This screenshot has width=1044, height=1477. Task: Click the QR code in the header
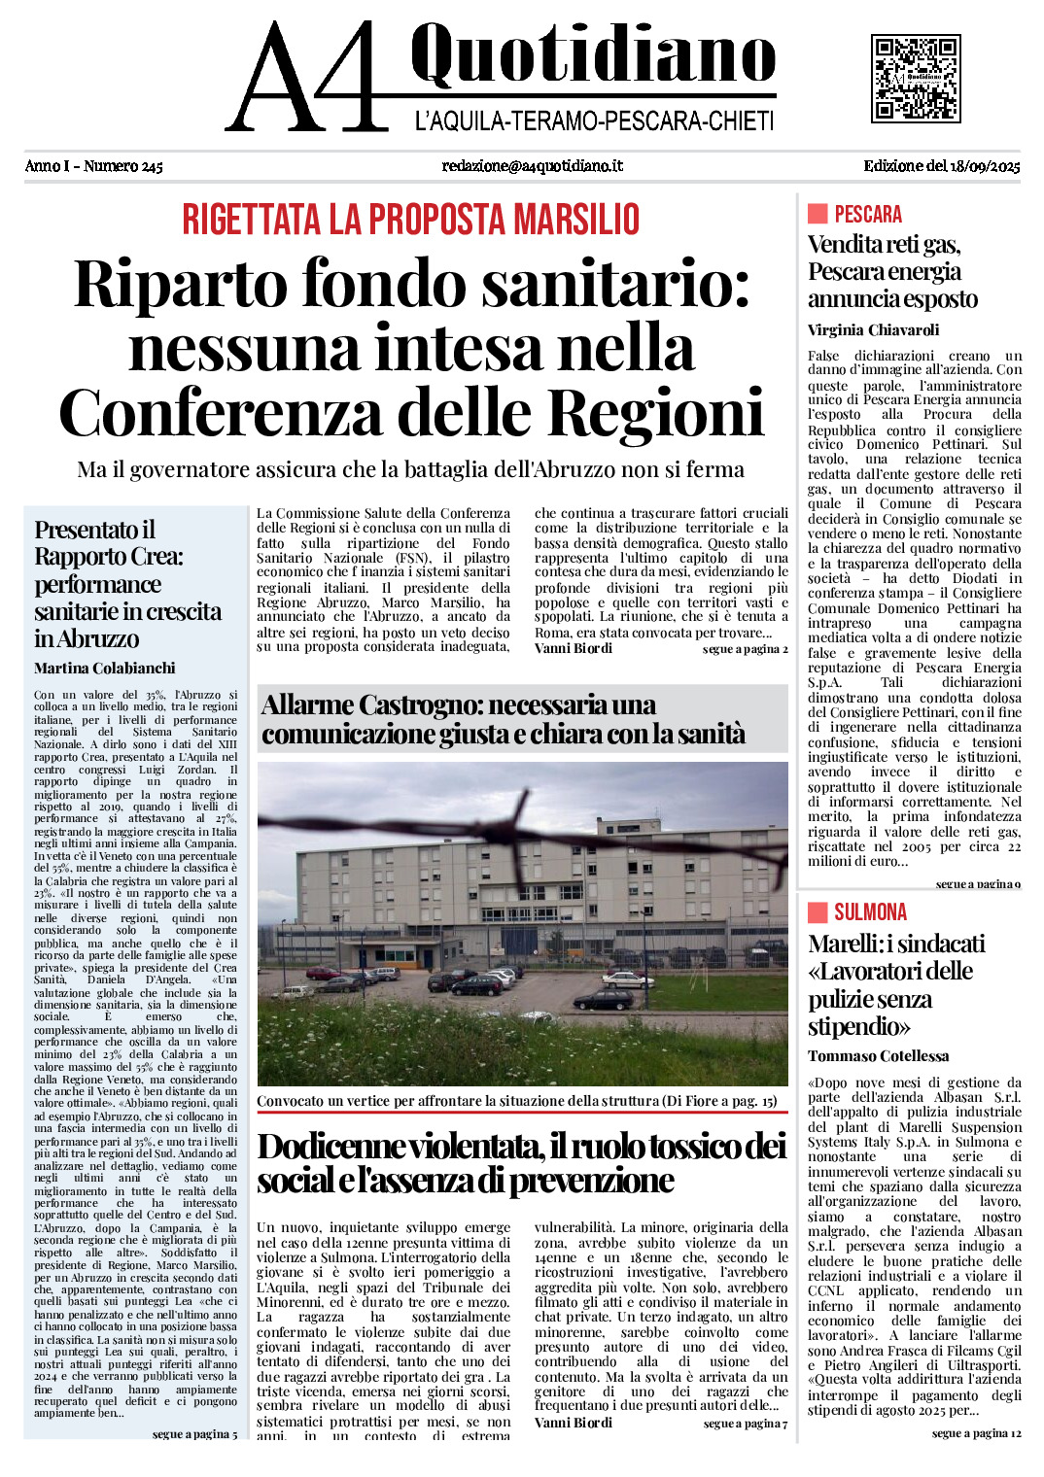[915, 79]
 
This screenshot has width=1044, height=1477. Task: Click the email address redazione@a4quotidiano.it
[532, 166]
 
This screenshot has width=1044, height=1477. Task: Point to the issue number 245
[152, 166]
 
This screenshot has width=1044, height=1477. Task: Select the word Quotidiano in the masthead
[593, 54]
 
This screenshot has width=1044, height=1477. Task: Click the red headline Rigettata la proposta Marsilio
[411, 220]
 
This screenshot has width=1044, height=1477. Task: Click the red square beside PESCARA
[817, 214]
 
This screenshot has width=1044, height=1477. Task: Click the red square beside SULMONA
[817, 911]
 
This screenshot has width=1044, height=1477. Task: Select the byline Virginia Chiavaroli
[873, 330]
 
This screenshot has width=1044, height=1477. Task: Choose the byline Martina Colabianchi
[105, 669]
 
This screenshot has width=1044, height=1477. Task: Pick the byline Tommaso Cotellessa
[878, 1056]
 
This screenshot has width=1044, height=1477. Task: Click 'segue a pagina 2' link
[745, 649]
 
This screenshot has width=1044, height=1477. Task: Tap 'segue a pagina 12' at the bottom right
[976, 1433]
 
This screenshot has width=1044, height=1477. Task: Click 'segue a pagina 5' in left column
[194, 1434]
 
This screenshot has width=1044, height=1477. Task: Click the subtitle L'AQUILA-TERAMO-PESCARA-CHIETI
[594, 121]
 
